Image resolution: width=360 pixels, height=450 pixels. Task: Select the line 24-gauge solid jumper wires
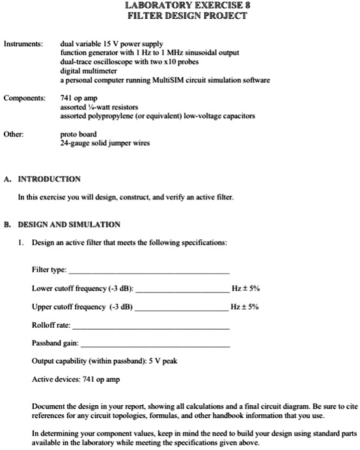(x=102, y=144)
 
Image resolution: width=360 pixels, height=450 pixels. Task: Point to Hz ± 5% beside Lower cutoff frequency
(x=245, y=288)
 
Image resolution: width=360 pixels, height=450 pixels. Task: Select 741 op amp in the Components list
(x=76, y=98)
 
